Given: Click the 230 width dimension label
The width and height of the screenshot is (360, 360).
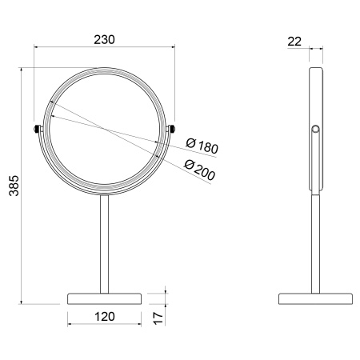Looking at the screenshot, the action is pos(104,40).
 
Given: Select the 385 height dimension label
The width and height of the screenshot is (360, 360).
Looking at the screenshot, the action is pos(14,186).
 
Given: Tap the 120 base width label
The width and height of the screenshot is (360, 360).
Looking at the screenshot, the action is pos(105,317).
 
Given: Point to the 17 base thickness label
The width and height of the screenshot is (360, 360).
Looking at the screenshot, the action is pos(158,318).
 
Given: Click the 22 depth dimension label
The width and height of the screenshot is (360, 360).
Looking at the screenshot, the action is pos(294,42).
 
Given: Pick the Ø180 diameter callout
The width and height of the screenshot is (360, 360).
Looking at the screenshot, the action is pos(202,146).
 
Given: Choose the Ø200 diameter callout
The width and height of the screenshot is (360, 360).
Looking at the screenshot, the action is pos(199,170).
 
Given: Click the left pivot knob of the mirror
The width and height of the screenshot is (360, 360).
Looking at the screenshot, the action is pos(37,129).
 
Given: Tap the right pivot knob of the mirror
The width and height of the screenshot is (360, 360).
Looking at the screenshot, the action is pos(172,129).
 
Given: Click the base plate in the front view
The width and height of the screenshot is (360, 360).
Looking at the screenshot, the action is pos(104,299).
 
